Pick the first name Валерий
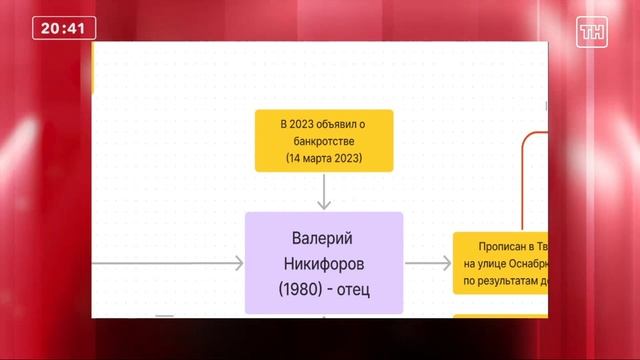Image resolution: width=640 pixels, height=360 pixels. click(x=323, y=239)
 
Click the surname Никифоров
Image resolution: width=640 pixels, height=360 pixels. click(x=323, y=265)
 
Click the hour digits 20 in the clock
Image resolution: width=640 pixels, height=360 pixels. click(x=50, y=29)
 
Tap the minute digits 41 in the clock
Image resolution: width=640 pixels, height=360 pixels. click(x=74, y=29)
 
